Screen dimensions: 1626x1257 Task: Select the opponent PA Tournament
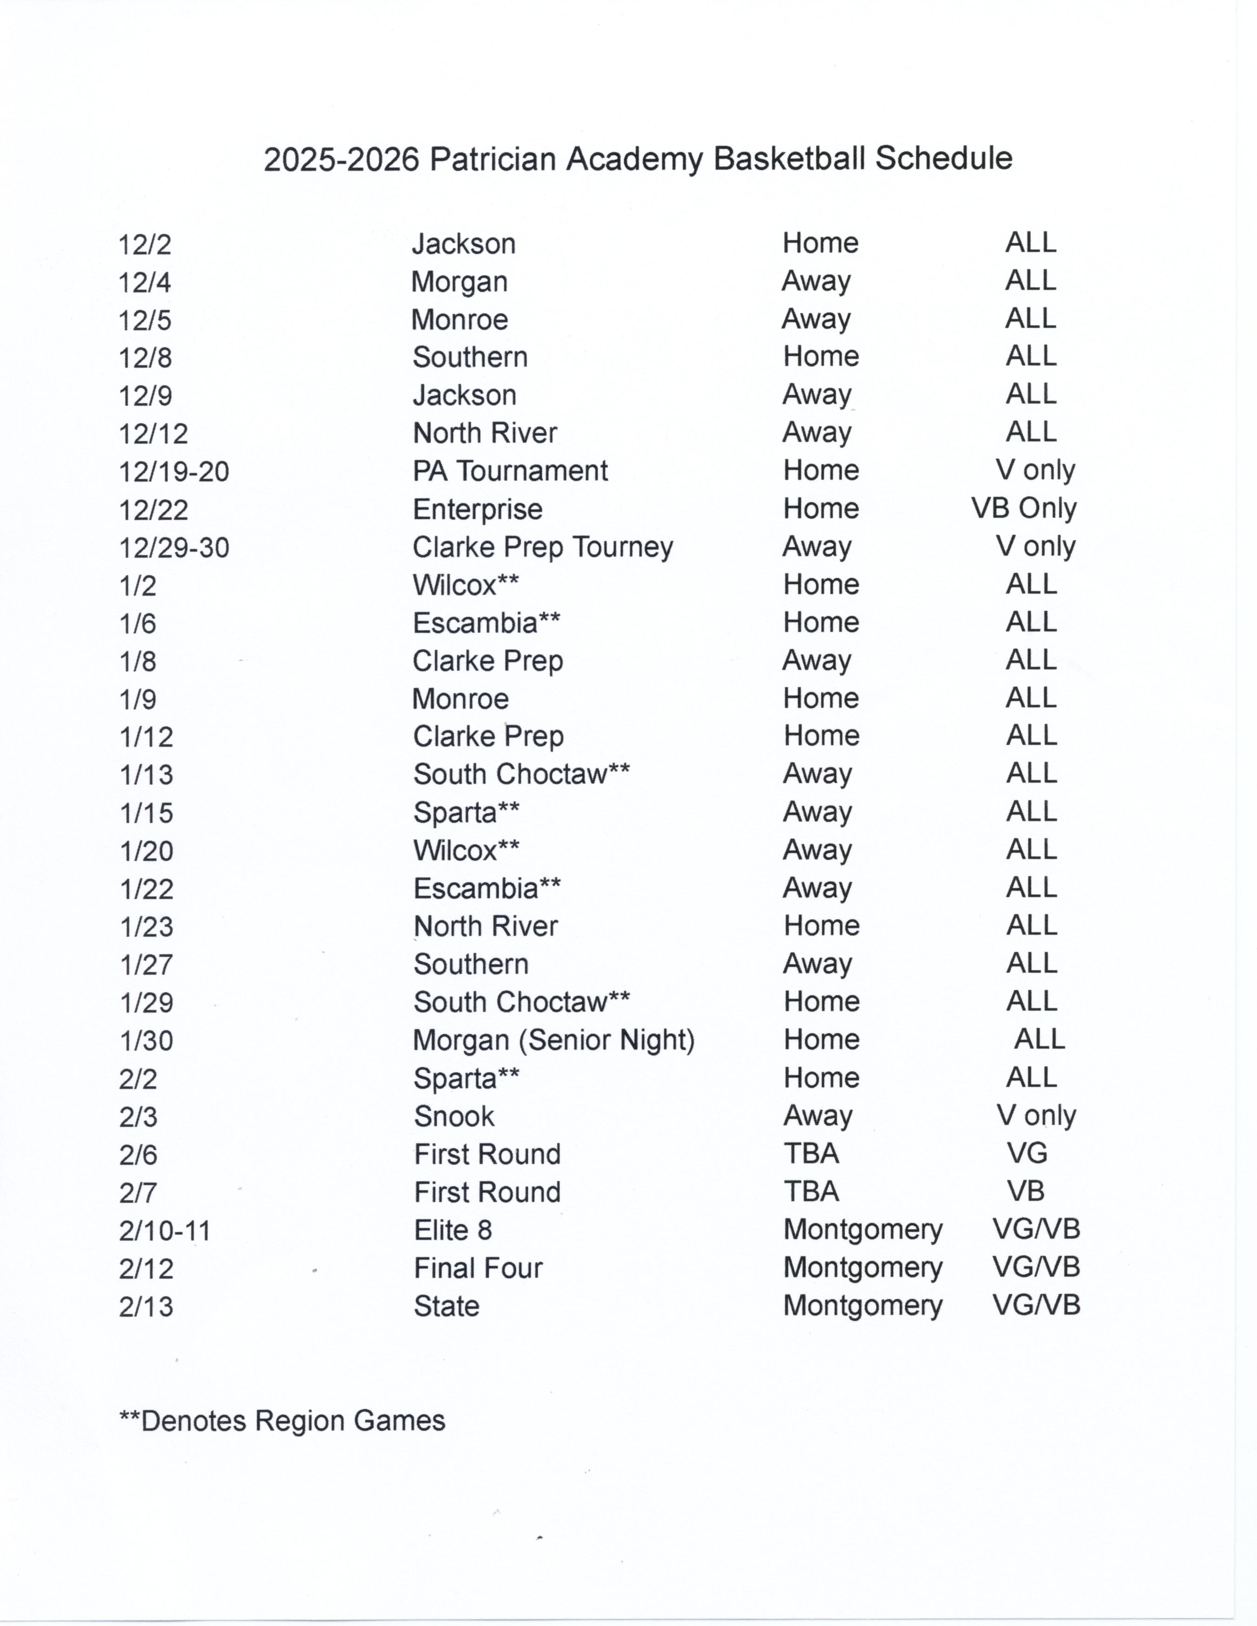coord(510,471)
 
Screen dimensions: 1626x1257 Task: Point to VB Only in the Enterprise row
coord(1024,509)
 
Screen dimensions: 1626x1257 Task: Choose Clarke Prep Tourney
coord(543,548)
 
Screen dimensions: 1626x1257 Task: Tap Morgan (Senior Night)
coord(554,1041)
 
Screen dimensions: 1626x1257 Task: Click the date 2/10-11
coord(165,1231)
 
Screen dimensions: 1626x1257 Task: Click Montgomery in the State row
coord(862,1306)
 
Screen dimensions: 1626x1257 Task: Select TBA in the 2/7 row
coord(811,1192)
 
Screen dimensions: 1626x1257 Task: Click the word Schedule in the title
coord(943,158)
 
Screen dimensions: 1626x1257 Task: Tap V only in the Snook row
coord(1036,1116)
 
